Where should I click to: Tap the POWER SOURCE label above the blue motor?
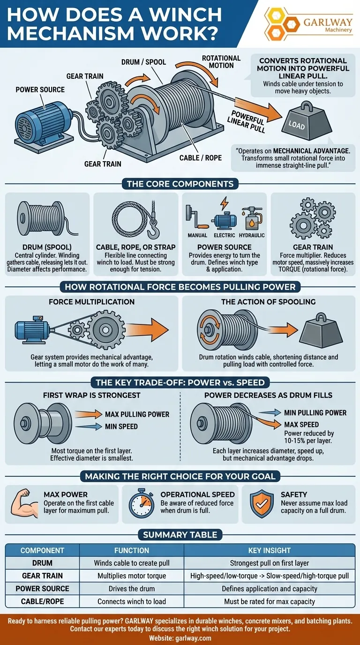40,90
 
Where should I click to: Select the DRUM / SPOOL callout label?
144,62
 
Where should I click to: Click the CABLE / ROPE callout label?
201,158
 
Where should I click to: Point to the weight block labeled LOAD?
307,121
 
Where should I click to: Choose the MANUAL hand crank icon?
197,217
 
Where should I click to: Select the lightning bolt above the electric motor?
225,203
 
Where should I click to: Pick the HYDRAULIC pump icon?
252,218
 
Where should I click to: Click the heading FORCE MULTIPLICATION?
91,302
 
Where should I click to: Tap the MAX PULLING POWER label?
137,414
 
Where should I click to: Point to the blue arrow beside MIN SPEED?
89,427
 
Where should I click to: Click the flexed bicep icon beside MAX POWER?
24,503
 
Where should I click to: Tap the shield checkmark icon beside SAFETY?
262,503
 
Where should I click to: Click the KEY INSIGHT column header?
270,550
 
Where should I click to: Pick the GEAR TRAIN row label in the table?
42,576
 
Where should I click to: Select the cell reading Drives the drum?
132,589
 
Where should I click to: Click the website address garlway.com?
193,638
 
